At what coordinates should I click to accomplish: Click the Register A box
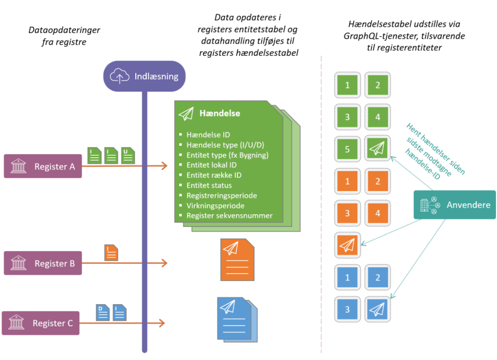tap(43, 166)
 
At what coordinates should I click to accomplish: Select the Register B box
tap(43, 263)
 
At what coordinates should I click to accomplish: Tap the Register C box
tap(41, 323)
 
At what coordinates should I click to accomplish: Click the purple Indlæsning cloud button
tap(144, 76)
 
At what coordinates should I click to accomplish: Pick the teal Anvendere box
tap(454, 205)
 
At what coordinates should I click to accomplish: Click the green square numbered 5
tap(347, 149)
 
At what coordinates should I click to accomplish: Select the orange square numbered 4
tap(378, 212)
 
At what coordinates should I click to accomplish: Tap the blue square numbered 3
tap(347, 309)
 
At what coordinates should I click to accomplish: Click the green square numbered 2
tap(378, 85)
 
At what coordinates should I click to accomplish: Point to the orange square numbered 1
tap(347, 181)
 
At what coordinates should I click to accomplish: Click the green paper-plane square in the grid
tap(378, 149)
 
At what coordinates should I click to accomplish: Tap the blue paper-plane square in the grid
tap(378, 309)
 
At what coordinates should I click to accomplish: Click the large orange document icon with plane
tap(237, 260)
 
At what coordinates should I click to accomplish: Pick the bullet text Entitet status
tap(209, 185)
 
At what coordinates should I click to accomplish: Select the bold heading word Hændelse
tap(221, 113)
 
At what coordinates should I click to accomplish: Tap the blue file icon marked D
tap(103, 313)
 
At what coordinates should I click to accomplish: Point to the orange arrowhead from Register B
tap(163, 263)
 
